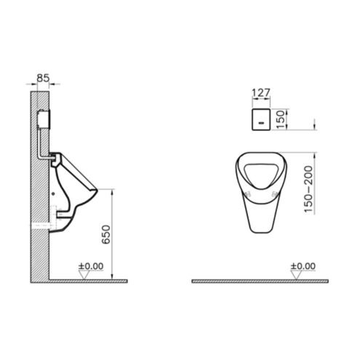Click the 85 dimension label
click(x=43, y=78)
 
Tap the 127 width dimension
click(x=261, y=93)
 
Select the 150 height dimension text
click(x=280, y=119)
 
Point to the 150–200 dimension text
click(x=308, y=189)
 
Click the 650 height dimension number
click(x=106, y=234)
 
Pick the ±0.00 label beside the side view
click(x=91, y=266)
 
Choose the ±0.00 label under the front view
click(x=303, y=266)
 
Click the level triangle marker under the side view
click(x=84, y=275)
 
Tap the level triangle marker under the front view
click(x=296, y=275)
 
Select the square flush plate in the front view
click(x=261, y=119)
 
